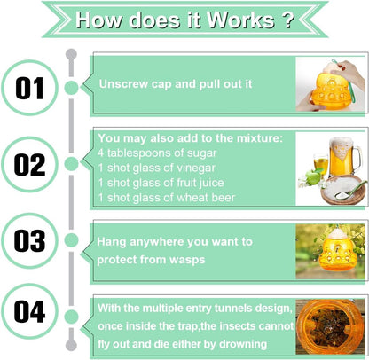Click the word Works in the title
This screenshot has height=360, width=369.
click(x=240, y=20)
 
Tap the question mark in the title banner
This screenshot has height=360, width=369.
click(x=287, y=20)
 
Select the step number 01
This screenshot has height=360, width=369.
click(x=29, y=88)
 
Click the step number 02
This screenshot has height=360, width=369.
click(x=29, y=165)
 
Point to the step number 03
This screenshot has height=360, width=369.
click(x=29, y=241)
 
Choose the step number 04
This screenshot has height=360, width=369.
click(x=29, y=311)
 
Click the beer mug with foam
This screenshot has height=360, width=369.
click(x=344, y=157)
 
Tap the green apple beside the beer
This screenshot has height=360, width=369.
click(x=312, y=177)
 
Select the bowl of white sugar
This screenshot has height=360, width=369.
click(x=343, y=190)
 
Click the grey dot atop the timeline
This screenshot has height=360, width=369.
click(x=71, y=55)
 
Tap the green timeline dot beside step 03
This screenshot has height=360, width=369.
click(x=71, y=240)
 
